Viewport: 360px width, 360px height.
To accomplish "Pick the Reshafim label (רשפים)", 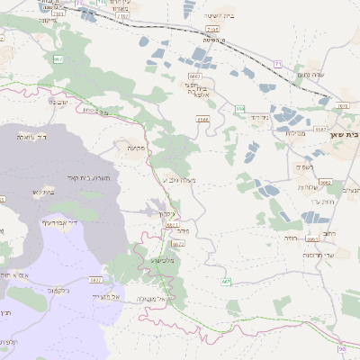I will [x=304, y=167].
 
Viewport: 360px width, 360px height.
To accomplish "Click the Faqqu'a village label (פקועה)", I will [x=137, y=148].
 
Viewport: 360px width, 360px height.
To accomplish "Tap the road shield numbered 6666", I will [x=202, y=117].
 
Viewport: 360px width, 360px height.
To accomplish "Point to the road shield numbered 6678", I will [x=342, y=106].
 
